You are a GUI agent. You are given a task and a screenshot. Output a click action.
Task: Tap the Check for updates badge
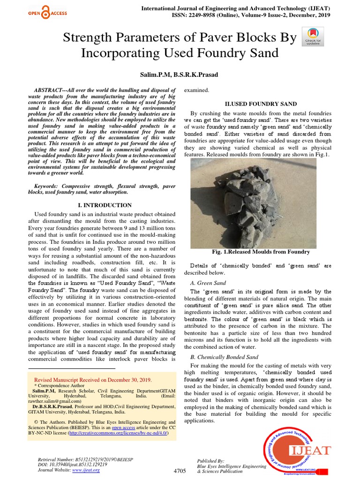(313, 36)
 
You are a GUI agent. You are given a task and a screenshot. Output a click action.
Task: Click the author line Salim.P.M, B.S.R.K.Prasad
(180, 75)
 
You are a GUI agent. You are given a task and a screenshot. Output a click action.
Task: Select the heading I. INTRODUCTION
(104, 205)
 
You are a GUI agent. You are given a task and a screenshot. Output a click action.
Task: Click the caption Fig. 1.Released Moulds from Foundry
(261, 252)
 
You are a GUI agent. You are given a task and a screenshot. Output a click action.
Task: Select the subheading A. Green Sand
(208, 283)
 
